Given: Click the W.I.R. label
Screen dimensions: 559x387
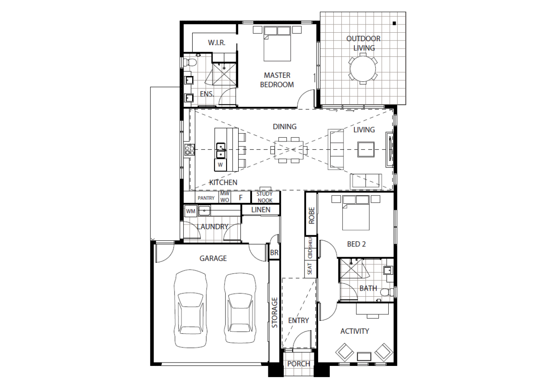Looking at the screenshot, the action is point(217,43).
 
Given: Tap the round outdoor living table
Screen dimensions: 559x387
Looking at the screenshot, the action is point(363,69).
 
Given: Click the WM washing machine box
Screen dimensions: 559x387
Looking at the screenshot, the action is point(190,211).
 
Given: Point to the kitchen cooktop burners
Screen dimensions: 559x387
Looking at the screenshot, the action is point(189,150).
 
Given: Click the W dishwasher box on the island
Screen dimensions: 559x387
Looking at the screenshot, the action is point(220,165).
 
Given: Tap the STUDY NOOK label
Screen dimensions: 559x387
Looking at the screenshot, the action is point(265,197).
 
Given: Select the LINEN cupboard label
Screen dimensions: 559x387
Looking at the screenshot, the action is point(261,209).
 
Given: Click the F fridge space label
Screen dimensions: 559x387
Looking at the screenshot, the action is point(240,198).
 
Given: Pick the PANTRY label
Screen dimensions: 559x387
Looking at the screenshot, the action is point(206,198).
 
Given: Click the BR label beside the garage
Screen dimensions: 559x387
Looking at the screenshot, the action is point(274,252).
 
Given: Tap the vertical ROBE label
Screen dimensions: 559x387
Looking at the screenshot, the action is point(311,215).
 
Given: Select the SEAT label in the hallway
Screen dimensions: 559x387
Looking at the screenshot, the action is point(310,269).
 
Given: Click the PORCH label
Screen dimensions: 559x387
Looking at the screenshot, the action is point(299,364).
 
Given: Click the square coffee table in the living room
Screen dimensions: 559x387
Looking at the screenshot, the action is point(366,150).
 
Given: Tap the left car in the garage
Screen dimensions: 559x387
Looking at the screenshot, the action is point(190,309).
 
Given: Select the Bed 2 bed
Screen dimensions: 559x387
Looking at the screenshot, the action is point(356,213).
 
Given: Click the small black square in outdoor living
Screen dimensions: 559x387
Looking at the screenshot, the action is point(394,24).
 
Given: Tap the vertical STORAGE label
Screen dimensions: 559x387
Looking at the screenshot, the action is point(274,313).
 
